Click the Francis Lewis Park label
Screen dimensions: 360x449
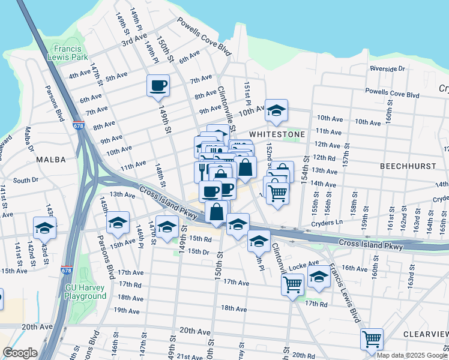(x=71, y=53)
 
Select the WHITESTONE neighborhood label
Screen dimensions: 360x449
(x=277, y=134)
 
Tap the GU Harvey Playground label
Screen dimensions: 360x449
(x=86, y=292)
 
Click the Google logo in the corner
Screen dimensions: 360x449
(x=20, y=353)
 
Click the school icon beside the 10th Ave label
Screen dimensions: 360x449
(x=276, y=110)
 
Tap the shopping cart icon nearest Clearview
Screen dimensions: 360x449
(x=372, y=339)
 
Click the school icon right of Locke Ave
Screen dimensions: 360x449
(x=319, y=277)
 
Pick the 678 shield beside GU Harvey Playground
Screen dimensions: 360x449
(x=67, y=271)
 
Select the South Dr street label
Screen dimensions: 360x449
(x=25, y=180)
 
